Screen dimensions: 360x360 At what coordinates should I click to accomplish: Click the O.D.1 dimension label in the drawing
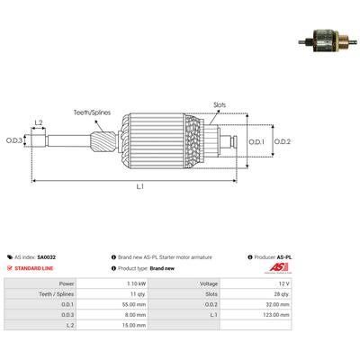click(256, 141)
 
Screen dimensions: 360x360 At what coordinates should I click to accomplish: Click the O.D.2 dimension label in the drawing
click(283, 141)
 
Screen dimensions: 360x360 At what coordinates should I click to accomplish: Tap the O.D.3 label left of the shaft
click(14, 140)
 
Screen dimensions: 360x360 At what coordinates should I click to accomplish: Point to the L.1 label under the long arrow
click(140, 186)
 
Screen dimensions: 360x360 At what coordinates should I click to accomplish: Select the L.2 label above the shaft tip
click(39, 122)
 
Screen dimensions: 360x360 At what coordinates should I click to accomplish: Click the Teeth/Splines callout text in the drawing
click(92, 112)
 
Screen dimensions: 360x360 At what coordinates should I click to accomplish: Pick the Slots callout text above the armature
click(220, 105)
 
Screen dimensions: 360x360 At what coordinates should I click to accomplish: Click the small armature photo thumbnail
click(328, 41)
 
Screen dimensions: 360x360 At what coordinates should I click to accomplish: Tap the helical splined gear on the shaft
click(103, 142)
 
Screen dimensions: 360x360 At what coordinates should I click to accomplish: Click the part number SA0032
click(47, 257)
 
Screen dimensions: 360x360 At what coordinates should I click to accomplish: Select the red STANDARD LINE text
click(34, 268)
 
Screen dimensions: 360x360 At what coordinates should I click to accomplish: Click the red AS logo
click(279, 267)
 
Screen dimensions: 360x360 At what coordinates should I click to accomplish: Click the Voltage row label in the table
click(209, 283)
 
